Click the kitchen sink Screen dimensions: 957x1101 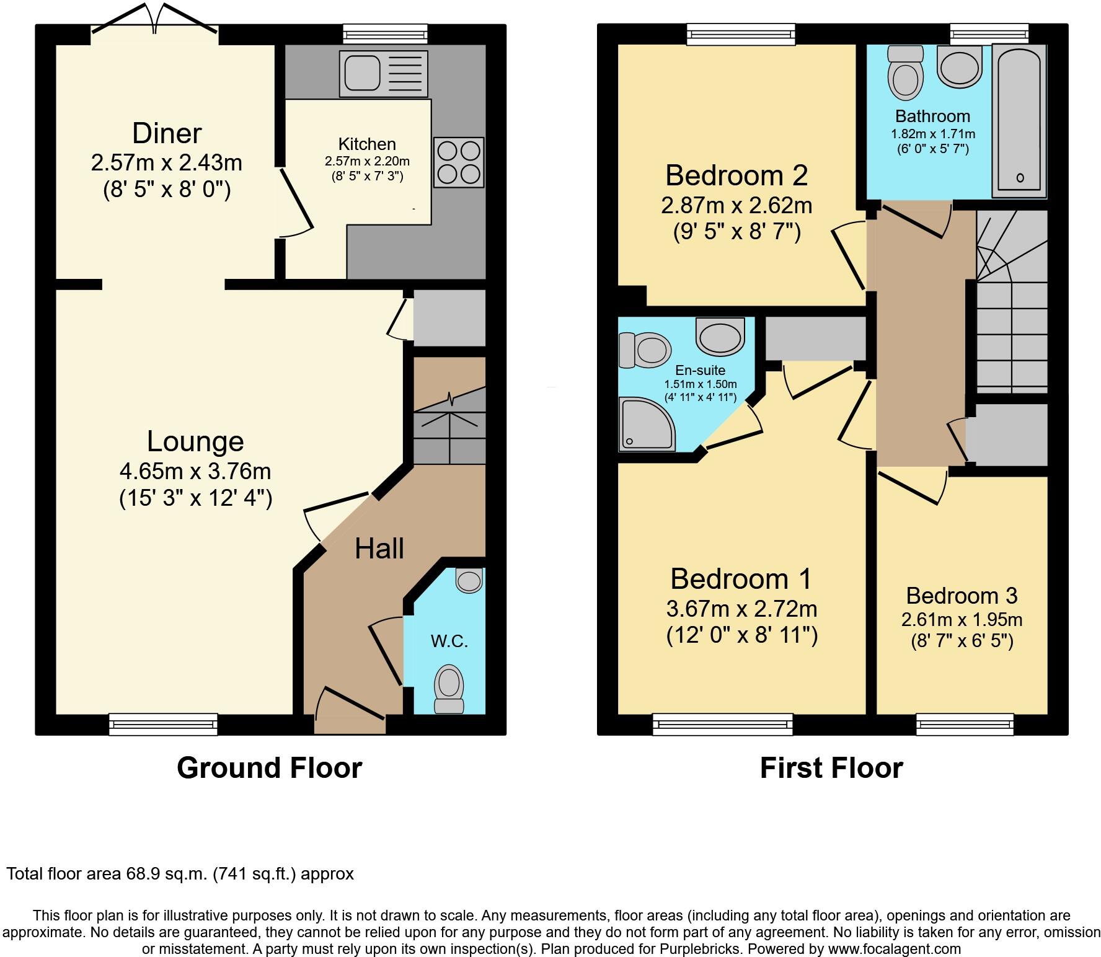[384, 73]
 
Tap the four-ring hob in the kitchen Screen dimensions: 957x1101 [459, 162]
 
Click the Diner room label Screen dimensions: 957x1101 [167, 133]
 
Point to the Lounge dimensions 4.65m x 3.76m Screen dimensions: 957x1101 [195, 471]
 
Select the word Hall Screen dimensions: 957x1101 [379, 549]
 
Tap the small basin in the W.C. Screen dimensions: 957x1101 [469, 580]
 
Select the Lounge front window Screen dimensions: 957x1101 [163, 724]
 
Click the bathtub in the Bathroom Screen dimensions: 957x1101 [1020, 121]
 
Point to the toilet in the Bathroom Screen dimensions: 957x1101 [906, 73]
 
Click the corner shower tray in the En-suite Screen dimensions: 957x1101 [647, 425]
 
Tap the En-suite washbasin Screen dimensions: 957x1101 [720, 337]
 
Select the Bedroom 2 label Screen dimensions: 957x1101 [736, 175]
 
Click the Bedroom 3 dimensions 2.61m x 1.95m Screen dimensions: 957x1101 [962, 619]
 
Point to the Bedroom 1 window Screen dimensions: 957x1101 [722, 724]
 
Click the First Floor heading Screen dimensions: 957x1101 [831, 768]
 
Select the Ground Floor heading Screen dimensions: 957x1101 [269, 768]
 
